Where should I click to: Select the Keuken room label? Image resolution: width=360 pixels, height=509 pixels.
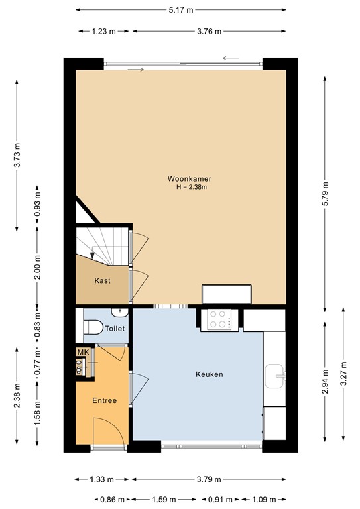[x=209, y=374]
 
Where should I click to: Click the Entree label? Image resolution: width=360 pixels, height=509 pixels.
[x=104, y=400]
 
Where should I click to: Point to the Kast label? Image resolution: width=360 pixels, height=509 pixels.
[x=102, y=281]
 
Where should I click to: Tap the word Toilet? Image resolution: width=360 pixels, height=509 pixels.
[x=115, y=329]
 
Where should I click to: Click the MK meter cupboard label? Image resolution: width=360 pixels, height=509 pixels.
[x=82, y=352]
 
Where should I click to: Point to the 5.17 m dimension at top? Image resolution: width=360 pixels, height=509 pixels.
[x=180, y=9]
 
